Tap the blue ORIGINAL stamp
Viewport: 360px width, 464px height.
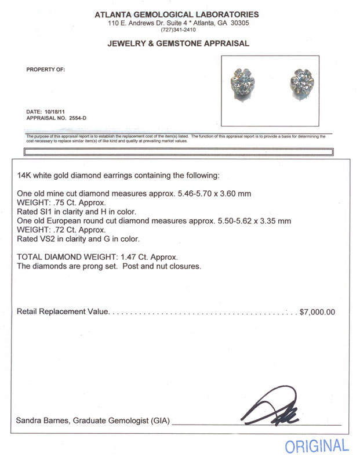coord(317,446)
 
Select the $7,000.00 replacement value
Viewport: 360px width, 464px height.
coord(317,312)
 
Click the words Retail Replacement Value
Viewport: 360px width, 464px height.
coord(63,312)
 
